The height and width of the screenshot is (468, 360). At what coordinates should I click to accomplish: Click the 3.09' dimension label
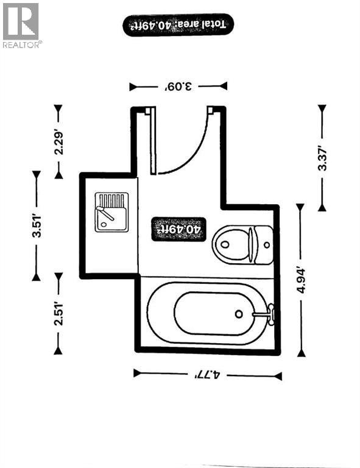[x=178, y=86]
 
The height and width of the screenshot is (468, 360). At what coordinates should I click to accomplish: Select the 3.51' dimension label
[x=37, y=226]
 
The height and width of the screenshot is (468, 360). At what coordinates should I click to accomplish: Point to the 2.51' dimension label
[x=59, y=314]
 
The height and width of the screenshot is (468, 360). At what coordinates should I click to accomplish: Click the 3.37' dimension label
[x=322, y=157]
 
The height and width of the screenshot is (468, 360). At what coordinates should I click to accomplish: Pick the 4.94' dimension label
[x=300, y=280]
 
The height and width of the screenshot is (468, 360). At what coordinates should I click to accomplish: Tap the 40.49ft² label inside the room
[x=179, y=229]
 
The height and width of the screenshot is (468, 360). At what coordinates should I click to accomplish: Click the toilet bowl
[x=230, y=244]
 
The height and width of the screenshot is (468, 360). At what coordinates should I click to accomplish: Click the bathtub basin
[x=213, y=314]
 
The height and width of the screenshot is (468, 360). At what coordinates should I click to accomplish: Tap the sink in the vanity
[x=111, y=213]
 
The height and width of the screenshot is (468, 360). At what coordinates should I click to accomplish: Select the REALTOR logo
[x=22, y=25]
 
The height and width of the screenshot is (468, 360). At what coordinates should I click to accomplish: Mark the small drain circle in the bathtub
[x=239, y=314]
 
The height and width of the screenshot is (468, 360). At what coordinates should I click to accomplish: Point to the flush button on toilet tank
[x=266, y=244]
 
